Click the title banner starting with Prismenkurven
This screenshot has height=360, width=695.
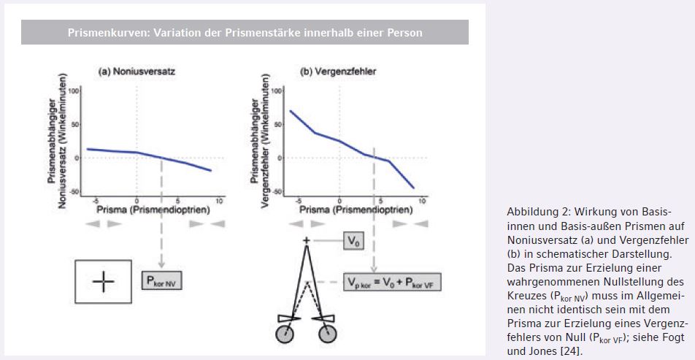pos(245,32)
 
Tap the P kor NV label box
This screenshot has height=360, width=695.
pos(161,280)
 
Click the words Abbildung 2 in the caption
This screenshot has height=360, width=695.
pos(533,212)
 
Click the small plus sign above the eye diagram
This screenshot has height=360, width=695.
pos(307,240)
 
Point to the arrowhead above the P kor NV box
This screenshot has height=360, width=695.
pos(161,264)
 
